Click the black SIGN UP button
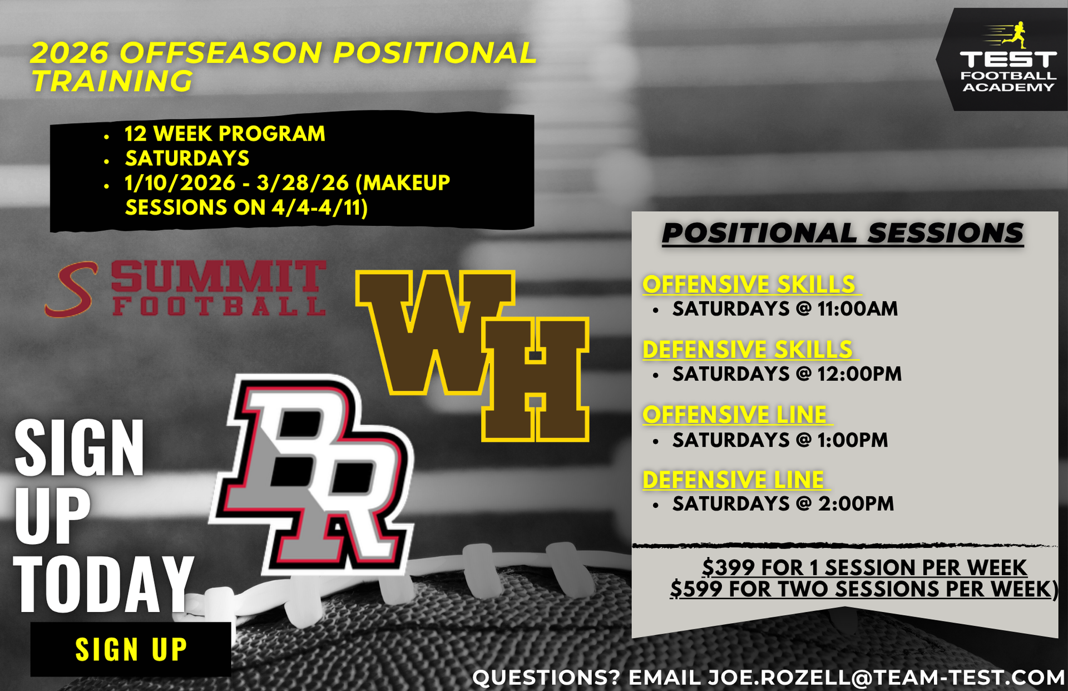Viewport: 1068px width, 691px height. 131,649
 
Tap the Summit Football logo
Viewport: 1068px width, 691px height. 185,289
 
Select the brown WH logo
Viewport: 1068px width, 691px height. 472,356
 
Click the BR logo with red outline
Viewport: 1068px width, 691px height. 311,475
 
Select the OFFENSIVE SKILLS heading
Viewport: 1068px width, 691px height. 749,284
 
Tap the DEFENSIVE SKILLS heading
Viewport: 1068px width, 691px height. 748,349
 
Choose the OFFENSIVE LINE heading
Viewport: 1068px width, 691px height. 735,414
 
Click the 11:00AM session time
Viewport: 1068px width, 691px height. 857,309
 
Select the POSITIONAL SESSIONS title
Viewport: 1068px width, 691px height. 843,233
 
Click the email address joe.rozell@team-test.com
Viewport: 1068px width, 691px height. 886,678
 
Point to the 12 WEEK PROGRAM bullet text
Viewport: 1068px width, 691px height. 225,134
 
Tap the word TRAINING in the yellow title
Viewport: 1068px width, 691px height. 112,81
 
